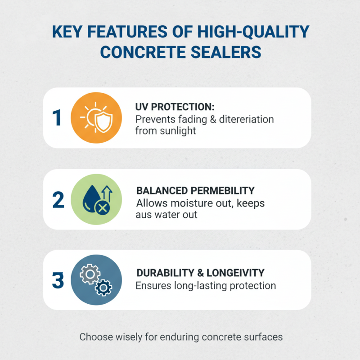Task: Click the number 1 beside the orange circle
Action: [x=56, y=118]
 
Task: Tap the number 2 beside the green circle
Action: [x=58, y=199]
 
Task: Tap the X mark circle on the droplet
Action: [x=103, y=208]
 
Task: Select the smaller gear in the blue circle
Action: [x=104, y=287]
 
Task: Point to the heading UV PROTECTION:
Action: [x=175, y=108]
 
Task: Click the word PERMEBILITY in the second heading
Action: [x=221, y=190]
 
